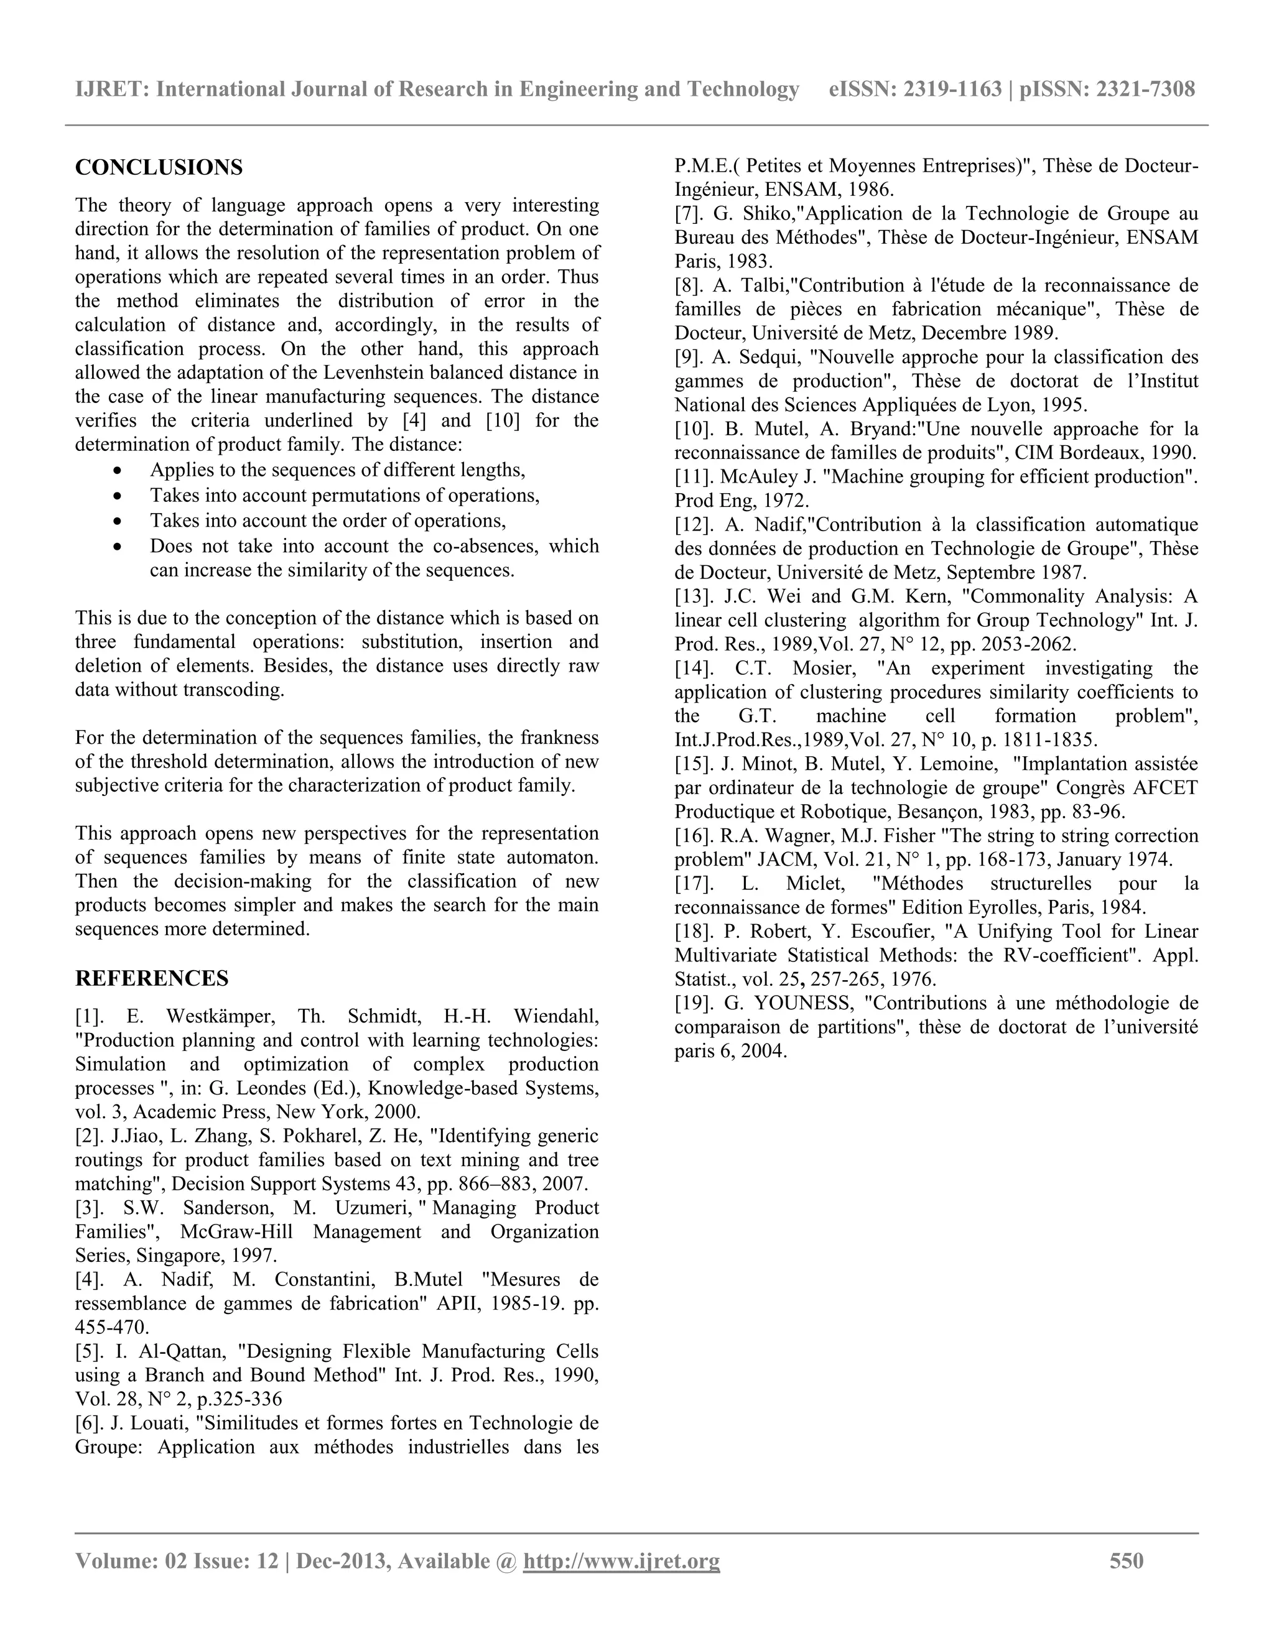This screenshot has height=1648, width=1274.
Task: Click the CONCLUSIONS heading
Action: (x=159, y=167)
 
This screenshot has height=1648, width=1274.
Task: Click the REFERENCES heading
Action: (x=152, y=979)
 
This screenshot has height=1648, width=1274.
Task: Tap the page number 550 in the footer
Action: (x=1126, y=1560)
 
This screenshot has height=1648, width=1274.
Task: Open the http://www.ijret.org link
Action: (x=621, y=1560)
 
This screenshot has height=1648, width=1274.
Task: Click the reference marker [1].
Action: (x=89, y=1016)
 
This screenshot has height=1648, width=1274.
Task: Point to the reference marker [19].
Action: (x=693, y=1004)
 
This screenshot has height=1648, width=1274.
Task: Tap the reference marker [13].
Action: (x=693, y=596)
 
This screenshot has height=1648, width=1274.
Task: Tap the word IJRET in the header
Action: (x=111, y=90)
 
